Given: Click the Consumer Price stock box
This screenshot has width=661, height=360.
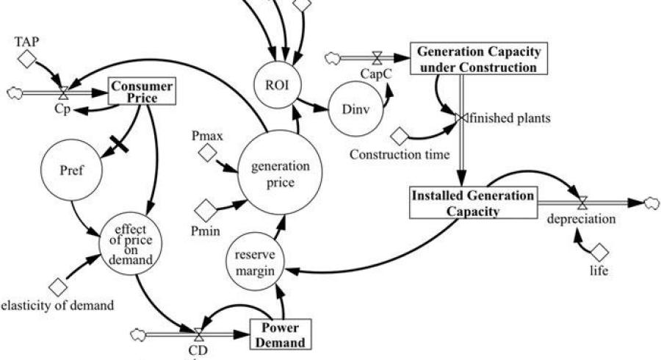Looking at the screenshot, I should pyautogui.click(x=143, y=91).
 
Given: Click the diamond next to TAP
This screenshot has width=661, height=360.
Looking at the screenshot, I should pyautogui.click(x=27, y=60).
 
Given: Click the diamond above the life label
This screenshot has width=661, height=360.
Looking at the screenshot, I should pyautogui.click(x=600, y=252).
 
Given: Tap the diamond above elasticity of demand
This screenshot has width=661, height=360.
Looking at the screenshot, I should pyautogui.click(x=57, y=285).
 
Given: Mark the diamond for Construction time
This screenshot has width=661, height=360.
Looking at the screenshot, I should pyautogui.click(x=400, y=136).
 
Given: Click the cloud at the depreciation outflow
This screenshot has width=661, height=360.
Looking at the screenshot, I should pyautogui.click(x=647, y=202).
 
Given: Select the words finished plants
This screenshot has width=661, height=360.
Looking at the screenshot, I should pyautogui.click(x=502, y=117).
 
